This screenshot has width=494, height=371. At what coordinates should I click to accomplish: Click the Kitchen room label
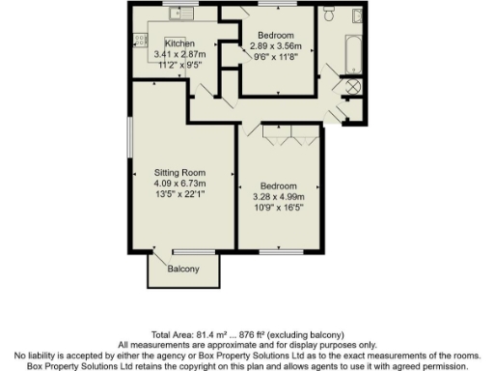tap(179, 44)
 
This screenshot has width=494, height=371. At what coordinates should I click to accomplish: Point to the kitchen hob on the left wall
tap(140, 41)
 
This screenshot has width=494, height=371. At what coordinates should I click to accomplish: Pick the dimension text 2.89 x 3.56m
tap(277, 45)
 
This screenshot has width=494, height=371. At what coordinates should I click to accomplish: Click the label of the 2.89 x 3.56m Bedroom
tap(277, 35)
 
